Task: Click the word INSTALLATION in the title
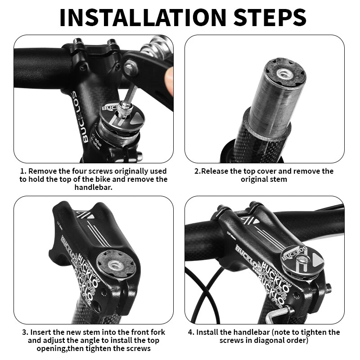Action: [x=139, y=17]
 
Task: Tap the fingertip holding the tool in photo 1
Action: [x=168, y=81]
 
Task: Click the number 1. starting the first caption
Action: [x=23, y=171]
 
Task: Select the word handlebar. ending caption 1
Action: [x=93, y=187]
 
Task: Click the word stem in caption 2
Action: [x=278, y=179]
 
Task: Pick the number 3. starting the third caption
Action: [x=25, y=333]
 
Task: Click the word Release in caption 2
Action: [x=213, y=171]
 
